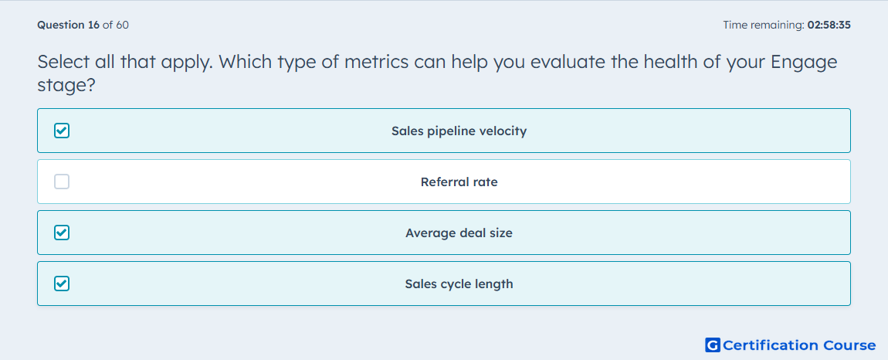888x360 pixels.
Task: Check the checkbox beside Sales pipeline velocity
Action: pos(62,131)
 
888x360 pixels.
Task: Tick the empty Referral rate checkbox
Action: pos(62,182)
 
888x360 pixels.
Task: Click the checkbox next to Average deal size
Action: pos(62,233)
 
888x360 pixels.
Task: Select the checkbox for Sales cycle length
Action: pos(62,284)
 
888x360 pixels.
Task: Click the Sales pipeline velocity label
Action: pos(459,131)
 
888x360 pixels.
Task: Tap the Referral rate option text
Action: pos(459,182)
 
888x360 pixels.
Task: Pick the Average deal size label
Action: pos(459,233)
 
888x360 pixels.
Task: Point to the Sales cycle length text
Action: pos(459,284)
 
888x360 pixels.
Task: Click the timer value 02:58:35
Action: pos(829,25)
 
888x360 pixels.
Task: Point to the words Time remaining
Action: pos(762,25)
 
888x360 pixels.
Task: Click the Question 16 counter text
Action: pos(69,25)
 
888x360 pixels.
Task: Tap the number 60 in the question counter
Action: pos(122,25)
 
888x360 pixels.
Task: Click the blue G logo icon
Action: pos(713,345)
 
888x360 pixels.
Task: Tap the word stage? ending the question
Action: pos(66,87)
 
